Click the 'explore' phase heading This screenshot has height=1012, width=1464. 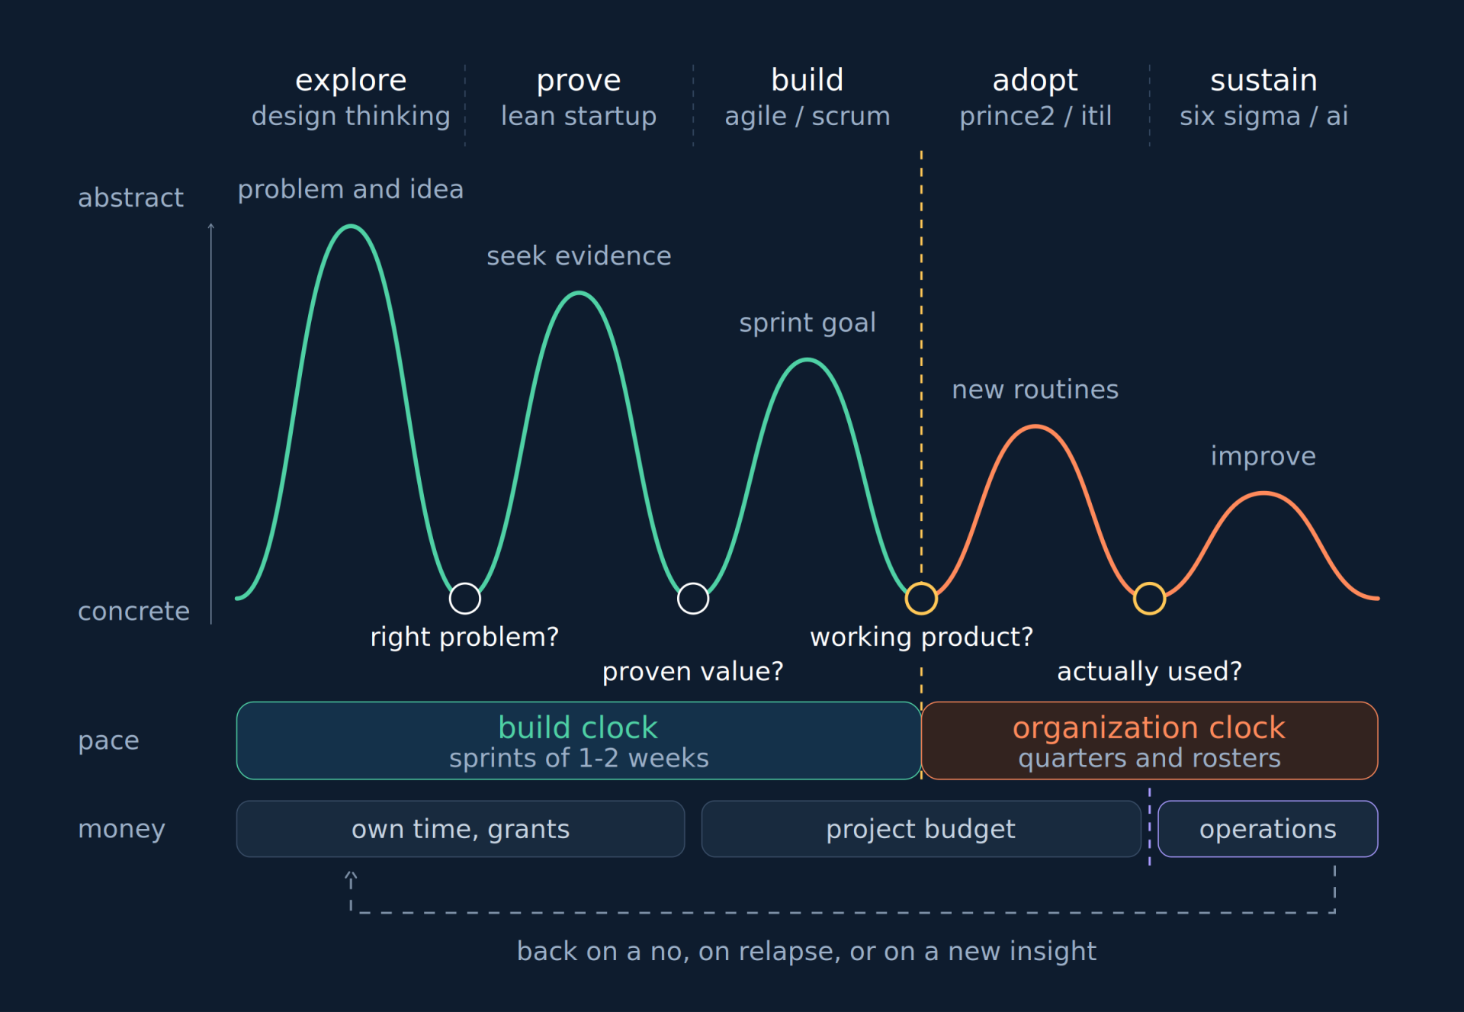[x=351, y=81]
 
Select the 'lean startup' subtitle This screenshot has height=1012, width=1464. [x=579, y=116]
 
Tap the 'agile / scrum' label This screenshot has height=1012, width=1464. [x=807, y=116]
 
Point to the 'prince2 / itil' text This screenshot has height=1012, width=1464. [x=1035, y=116]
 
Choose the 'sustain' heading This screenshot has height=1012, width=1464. [x=1263, y=80]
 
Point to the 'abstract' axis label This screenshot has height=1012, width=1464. [x=131, y=198]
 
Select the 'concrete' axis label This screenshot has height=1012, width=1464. [x=134, y=611]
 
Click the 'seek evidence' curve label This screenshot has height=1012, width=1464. [x=579, y=256]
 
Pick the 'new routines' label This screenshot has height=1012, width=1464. [x=1035, y=390]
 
